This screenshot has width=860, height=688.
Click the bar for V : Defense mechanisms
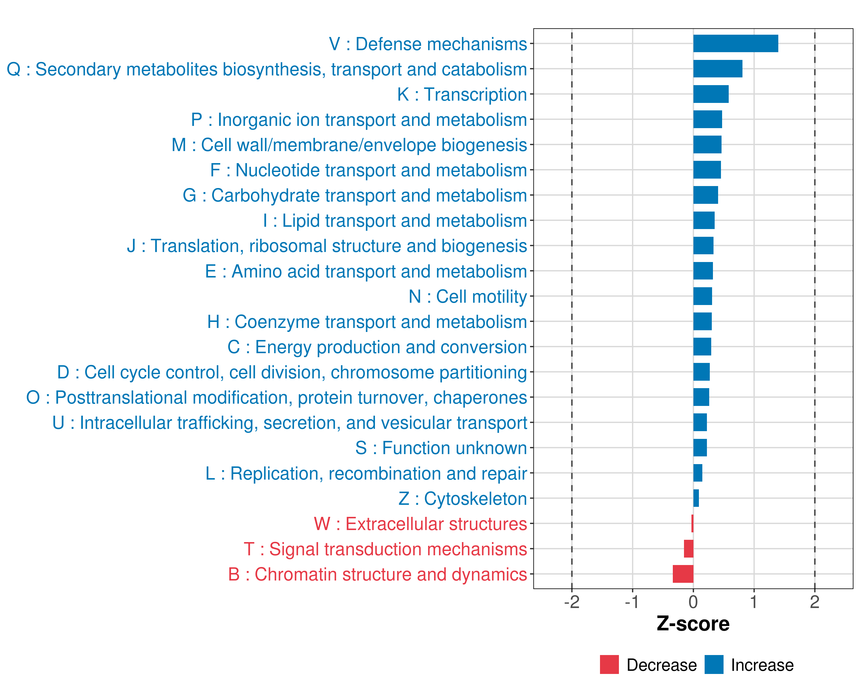pos(735,44)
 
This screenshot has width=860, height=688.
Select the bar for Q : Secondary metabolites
pos(718,69)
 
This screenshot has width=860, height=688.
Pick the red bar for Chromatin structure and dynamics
pos(683,574)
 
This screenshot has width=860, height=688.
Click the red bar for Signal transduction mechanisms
pos(689,549)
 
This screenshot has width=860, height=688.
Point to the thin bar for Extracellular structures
pos(692,523)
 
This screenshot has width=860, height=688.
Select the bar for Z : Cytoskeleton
pos(696,498)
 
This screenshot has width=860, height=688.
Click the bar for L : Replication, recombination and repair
pos(698,473)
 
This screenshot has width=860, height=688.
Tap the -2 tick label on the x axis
pos(572,602)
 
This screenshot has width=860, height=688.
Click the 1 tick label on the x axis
pos(753,602)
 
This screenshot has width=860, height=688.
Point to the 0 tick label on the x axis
pos(693,602)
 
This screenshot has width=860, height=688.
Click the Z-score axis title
pos(693,624)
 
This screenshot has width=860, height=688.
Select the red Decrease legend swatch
pos(609,664)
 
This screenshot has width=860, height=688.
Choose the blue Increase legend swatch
pos(714,664)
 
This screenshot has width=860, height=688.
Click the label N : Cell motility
pos(468,297)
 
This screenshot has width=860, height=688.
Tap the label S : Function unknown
pos(441,448)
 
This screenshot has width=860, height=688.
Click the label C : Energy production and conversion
pos(377,347)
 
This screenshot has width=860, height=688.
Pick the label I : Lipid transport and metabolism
pos(395,220)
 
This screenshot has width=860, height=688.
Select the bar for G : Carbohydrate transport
pos(705,195)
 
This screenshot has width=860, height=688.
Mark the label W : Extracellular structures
pos(420,524)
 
